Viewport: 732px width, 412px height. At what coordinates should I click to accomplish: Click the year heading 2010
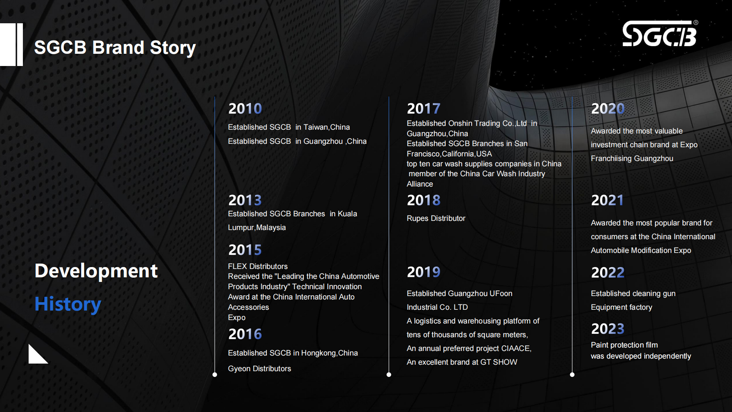[x=245, y=109]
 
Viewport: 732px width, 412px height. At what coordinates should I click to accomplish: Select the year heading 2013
[x=245, y=200]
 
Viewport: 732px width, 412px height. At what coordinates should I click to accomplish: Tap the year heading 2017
[x=423, y=109]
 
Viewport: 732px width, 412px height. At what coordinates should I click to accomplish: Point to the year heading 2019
[x=423, y=272]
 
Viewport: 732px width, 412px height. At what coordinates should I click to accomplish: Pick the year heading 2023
[x=607, y=329]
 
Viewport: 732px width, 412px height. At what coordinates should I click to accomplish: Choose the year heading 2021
[x=607, y=200]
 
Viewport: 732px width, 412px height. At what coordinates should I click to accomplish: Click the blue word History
[x=68, y=304]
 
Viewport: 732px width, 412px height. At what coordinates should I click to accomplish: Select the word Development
[x=96, y=271]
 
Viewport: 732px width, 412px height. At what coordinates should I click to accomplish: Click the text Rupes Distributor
[x=436, y=218]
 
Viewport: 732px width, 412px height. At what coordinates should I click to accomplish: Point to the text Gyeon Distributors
[x=259, y=369]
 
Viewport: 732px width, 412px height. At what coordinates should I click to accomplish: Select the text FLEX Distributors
[x=258, y=266]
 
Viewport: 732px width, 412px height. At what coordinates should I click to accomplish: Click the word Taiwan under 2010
[x=315, y=127]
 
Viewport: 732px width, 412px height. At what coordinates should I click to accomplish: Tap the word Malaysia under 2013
[x=271, y=227]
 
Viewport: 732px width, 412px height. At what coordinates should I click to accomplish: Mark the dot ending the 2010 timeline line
[x=215, y=375]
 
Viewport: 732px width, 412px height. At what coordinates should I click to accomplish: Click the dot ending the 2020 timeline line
[x=572, y=375]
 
